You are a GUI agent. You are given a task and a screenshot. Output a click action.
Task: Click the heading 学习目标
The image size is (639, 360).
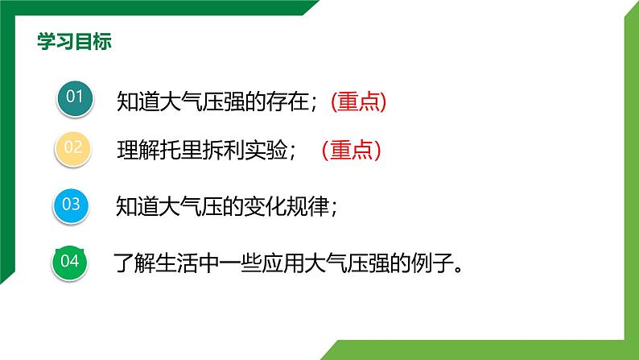pos(74,42)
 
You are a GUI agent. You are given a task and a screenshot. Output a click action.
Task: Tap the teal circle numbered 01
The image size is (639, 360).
pos(75,97)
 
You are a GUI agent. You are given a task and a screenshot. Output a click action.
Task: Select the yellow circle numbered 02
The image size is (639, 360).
pos(73,148)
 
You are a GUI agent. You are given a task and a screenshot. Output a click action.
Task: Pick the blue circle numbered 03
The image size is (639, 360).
pos(71,205)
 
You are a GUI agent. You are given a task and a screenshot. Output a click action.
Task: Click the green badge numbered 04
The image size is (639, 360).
pos(69,263)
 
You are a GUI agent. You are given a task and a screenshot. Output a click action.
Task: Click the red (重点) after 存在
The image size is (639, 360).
pos(358,101)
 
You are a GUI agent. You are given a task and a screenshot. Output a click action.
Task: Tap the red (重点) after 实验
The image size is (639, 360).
pos(351,150)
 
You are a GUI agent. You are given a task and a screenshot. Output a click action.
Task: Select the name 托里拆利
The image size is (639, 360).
pos(201,150)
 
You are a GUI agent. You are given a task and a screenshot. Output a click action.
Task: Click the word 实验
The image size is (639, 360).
pos(266,150)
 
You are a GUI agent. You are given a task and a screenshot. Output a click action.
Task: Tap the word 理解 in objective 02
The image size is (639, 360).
pos(138,150)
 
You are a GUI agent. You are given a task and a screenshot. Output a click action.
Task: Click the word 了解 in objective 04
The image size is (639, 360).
pos(134,263)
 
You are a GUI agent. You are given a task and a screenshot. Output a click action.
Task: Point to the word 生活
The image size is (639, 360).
pos(176,263)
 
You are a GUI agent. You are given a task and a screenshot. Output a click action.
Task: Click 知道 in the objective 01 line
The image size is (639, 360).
pos(138,101)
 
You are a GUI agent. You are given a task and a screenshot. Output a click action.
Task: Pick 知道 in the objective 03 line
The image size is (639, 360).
pos(138,206)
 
